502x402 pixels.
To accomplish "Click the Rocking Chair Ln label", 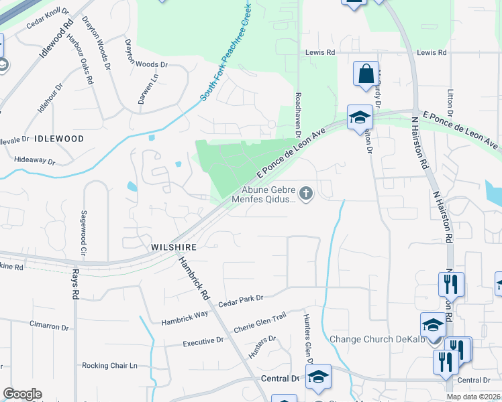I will coord(109,366).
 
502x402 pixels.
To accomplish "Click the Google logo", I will coord(22,394).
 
